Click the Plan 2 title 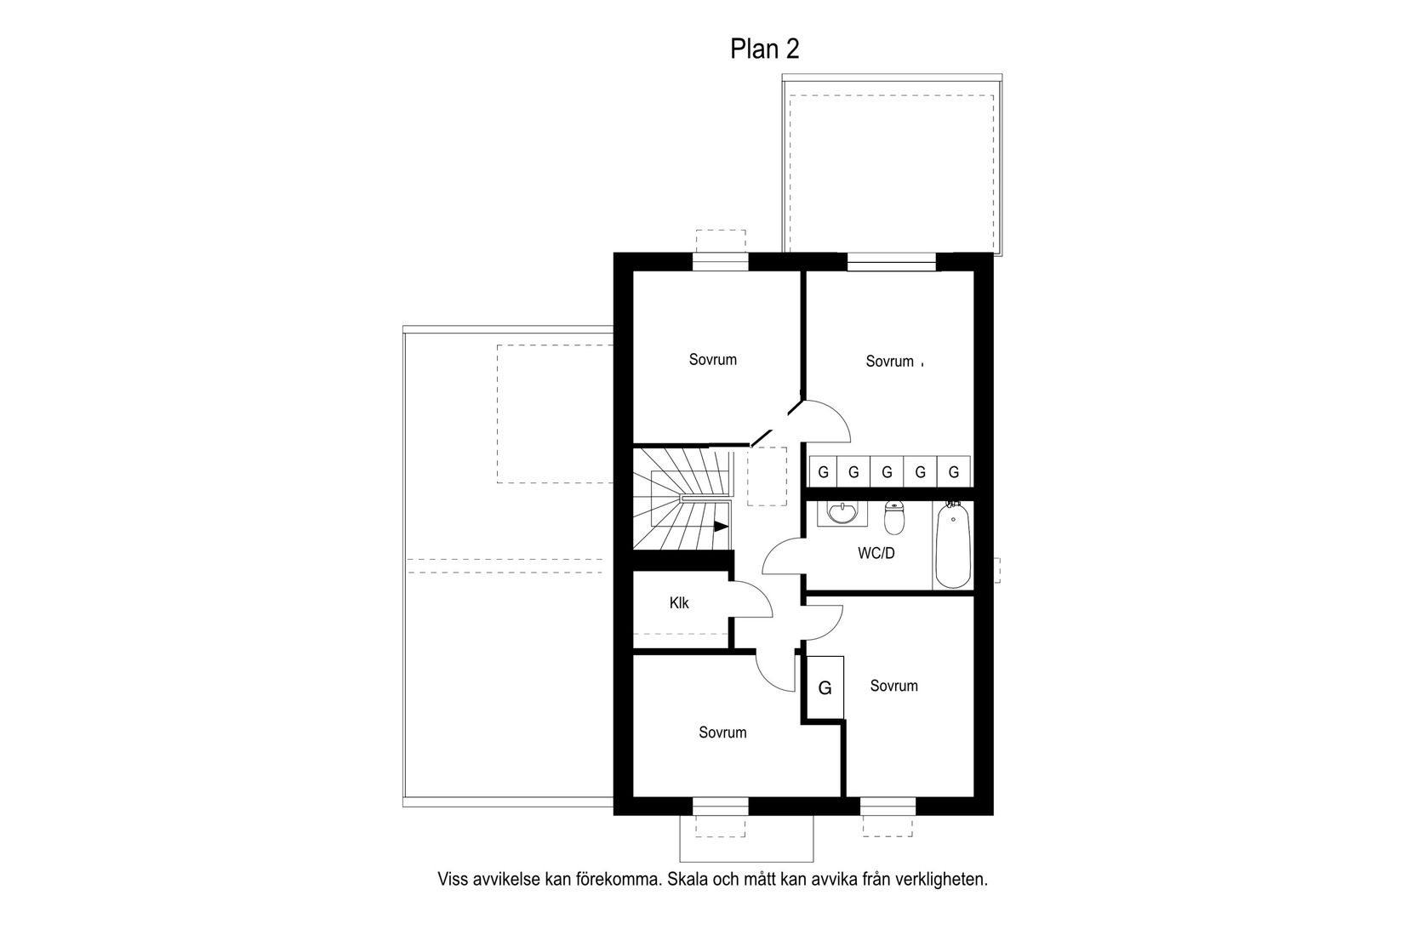tap(765, 49)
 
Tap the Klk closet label tap(679, 603)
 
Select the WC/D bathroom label tap(876, 553)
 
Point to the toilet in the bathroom tap(893, 516)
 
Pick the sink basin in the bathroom tap(843, 513)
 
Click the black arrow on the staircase tap(721, 527)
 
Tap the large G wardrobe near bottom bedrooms tap(825, 688)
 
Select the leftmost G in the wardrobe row tap(823, 471)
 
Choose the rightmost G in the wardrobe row tap(953, 471)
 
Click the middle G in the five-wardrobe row tap(887, 471)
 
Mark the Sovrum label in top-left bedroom tap(712, 360)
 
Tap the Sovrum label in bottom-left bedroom tap(722, 733)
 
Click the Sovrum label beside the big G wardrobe tap(893, 686)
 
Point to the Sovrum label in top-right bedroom tap(889, 362)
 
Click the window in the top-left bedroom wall tap(720, 261)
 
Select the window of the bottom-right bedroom tap(887, 806)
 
